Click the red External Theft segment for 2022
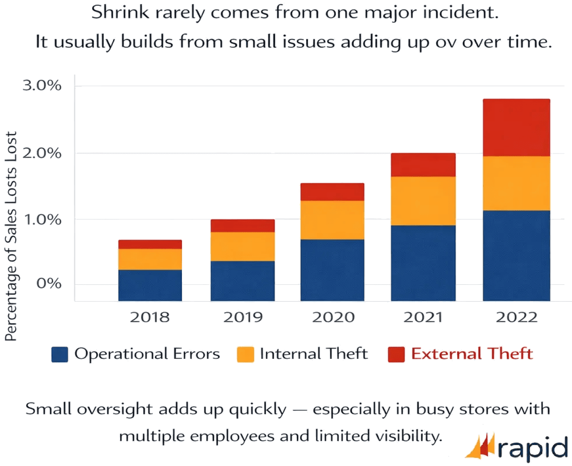[516, 128]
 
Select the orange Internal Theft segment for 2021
[423, 201]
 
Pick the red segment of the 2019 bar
[242, 225]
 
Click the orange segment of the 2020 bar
[332, 220]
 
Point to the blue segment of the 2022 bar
[516, 255]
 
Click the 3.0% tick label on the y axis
[42, 85]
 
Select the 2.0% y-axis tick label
[42, 153]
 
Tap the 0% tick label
[49, 283]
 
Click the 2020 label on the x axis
[333, 317]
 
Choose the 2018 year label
[150, 317]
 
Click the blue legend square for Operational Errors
[59, 354]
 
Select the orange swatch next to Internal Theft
[245, 354]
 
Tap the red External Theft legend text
[472, 354]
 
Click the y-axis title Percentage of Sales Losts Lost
[11, 237]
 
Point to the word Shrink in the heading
[120, 12]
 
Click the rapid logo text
[533, 448]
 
